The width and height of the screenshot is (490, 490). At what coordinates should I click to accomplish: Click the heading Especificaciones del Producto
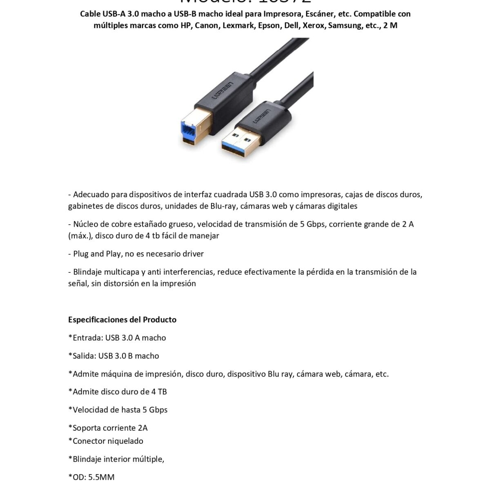click(122, 320)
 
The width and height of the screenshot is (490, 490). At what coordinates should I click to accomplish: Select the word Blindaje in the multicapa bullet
click(88, 272)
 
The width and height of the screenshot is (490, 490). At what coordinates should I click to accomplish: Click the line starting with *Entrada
click(117, 338)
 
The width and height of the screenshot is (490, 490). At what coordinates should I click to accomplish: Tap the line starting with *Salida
click(114, 356)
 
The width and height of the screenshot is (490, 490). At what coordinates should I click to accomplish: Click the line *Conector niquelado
click(106, 441)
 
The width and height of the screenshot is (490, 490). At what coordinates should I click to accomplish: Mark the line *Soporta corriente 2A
click(108, 428)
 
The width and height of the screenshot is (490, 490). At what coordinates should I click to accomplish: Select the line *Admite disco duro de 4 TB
click(118, 392)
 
